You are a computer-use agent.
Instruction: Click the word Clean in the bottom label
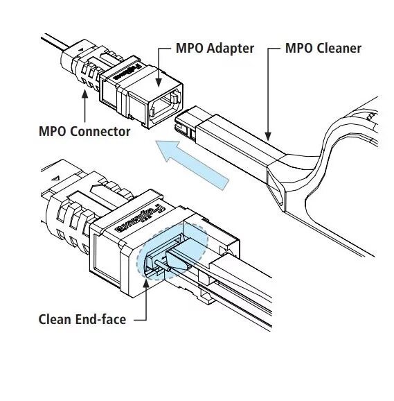click(x=55, y=320)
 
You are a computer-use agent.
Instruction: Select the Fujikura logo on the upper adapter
click(x=129, y=74)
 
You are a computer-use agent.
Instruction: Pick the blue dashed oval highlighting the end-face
click(x=173, y=253)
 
